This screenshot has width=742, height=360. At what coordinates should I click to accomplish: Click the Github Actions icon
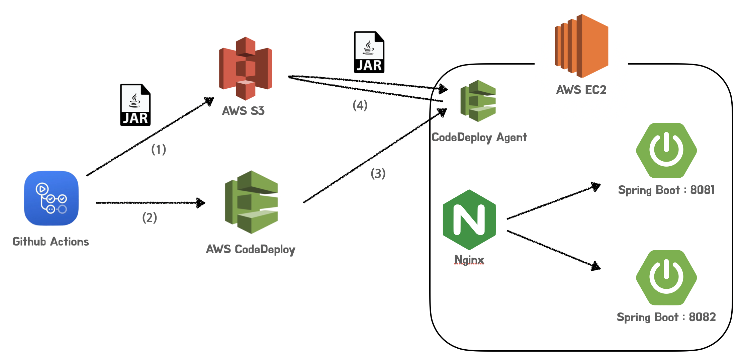[51, 198]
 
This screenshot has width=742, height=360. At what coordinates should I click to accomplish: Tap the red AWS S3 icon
[246, 69]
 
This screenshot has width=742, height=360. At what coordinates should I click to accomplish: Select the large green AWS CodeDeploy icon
[251, 202]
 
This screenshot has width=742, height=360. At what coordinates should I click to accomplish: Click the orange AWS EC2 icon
[581, 46]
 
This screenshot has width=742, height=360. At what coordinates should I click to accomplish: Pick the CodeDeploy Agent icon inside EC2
[478, 101]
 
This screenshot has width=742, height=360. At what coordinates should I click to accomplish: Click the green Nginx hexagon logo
[469, 220]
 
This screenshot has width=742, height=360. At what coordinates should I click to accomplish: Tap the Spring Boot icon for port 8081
[666, 151]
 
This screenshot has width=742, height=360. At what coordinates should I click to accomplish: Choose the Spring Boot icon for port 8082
[666, 278]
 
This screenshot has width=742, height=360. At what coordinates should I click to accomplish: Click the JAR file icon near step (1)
[135, 105]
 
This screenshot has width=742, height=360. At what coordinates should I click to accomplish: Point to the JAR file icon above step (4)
[369, 52]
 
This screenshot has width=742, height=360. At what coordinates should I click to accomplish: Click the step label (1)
[159, 149]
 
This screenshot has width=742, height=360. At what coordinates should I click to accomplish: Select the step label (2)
[150, 217]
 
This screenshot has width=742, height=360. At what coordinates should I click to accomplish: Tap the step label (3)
[378, 173]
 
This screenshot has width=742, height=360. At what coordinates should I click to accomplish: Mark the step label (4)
[360, 105]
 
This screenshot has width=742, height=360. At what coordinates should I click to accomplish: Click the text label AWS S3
[243, 111]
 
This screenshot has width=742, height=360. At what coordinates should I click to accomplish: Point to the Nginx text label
[469, 260]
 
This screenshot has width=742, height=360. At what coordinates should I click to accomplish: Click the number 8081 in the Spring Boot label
[703, 190]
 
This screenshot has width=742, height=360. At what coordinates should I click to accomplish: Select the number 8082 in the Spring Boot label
[703, 317]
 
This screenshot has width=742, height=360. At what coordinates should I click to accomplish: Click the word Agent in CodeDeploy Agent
[512, 138]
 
